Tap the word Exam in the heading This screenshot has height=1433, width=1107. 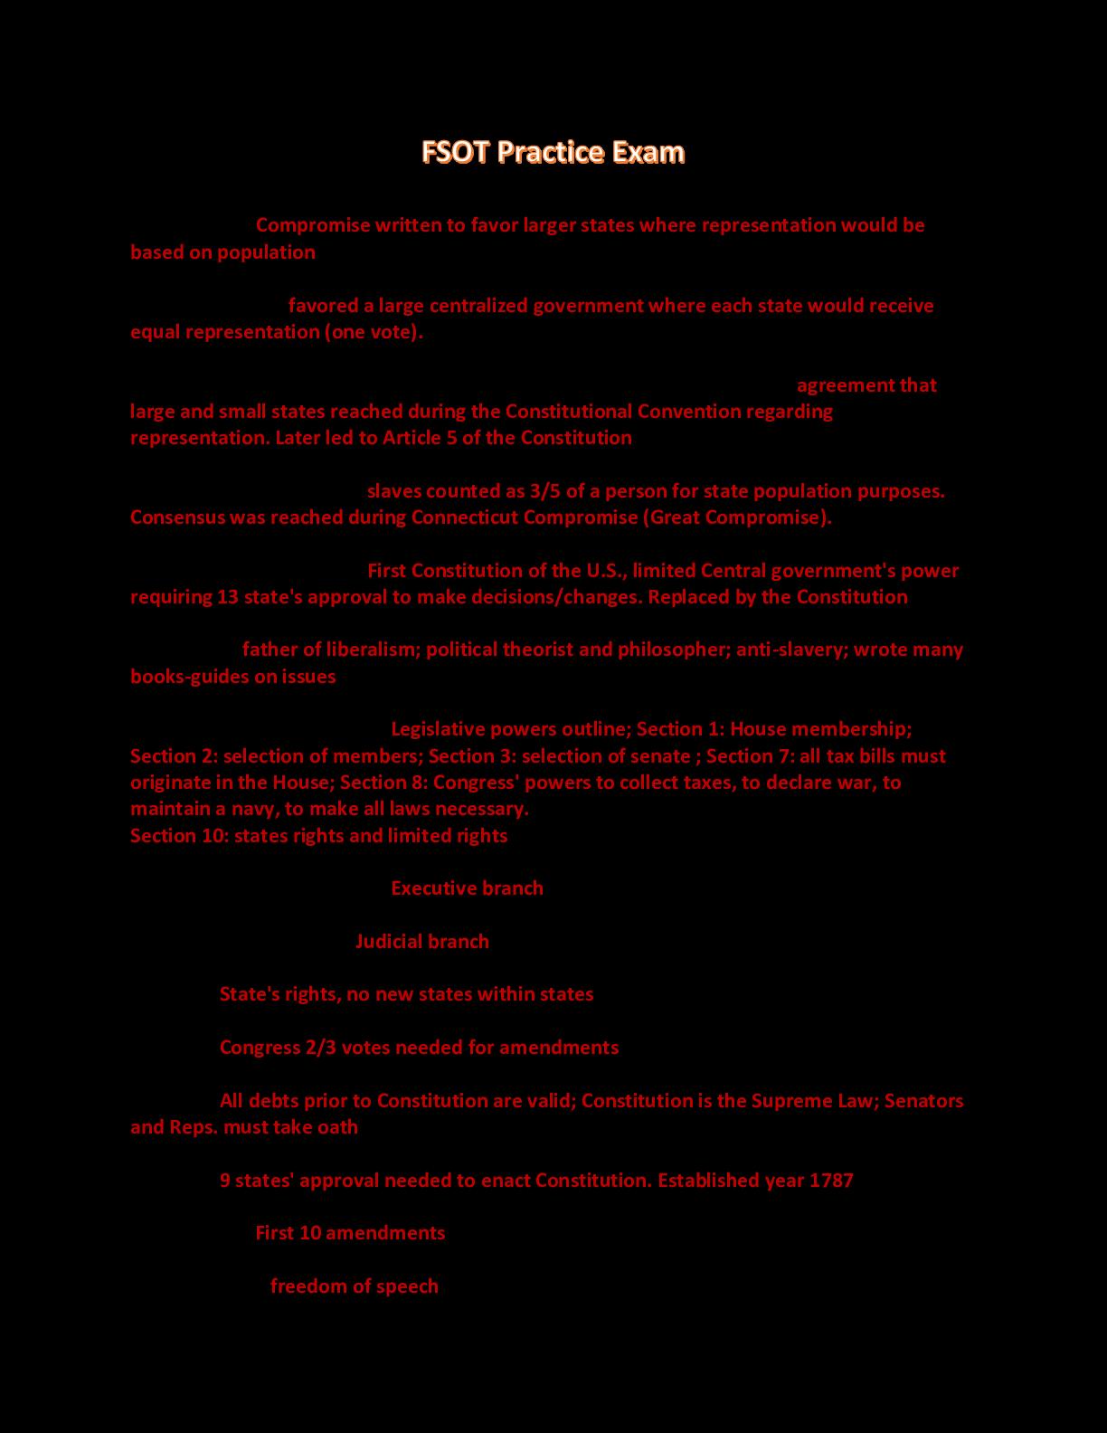click(x=648, y=152)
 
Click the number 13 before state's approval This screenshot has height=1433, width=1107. click(x=228, y=597)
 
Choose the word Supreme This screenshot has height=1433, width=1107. click(x=788, y=1101)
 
